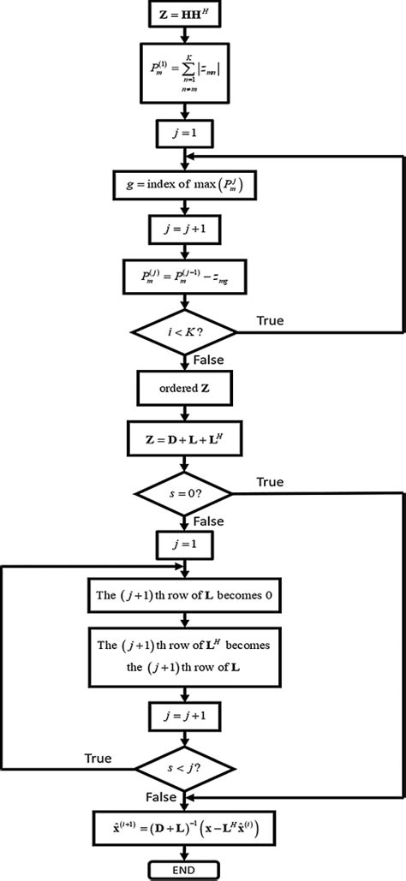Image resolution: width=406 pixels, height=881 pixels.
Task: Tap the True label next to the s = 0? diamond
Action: pos(269,482)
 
